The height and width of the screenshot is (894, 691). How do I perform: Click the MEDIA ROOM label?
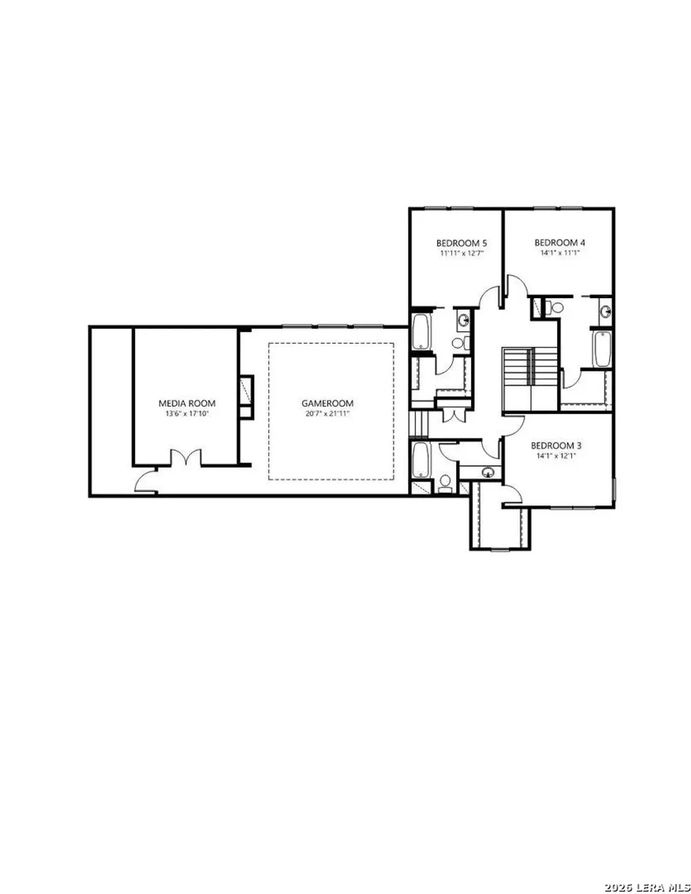click(187, 403)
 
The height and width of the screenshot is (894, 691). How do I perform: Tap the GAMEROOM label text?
click(327, 403)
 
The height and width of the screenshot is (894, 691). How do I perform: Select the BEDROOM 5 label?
click(461, 243)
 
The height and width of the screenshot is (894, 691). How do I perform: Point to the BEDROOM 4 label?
click(559, 242)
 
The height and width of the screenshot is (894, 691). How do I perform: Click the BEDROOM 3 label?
click(556, 445)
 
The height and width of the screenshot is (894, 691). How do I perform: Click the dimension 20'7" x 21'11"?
click(327, 414)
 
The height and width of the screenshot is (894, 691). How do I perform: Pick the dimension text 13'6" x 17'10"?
click(187, 414)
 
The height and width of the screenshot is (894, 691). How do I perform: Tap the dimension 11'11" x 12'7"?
click(461, 253)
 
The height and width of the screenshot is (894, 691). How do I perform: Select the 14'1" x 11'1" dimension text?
click(559, 252)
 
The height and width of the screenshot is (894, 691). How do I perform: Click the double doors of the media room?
click(186, 458)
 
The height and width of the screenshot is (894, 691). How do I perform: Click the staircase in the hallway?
click(530, 372)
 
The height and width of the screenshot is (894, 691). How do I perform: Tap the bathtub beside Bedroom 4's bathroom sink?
click(601, 349)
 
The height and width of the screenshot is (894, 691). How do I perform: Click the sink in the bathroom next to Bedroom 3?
click(488, 472)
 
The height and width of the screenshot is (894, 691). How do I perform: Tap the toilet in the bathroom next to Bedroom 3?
click(445, 483)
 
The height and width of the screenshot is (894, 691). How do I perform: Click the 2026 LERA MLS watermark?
click(647, 887)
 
